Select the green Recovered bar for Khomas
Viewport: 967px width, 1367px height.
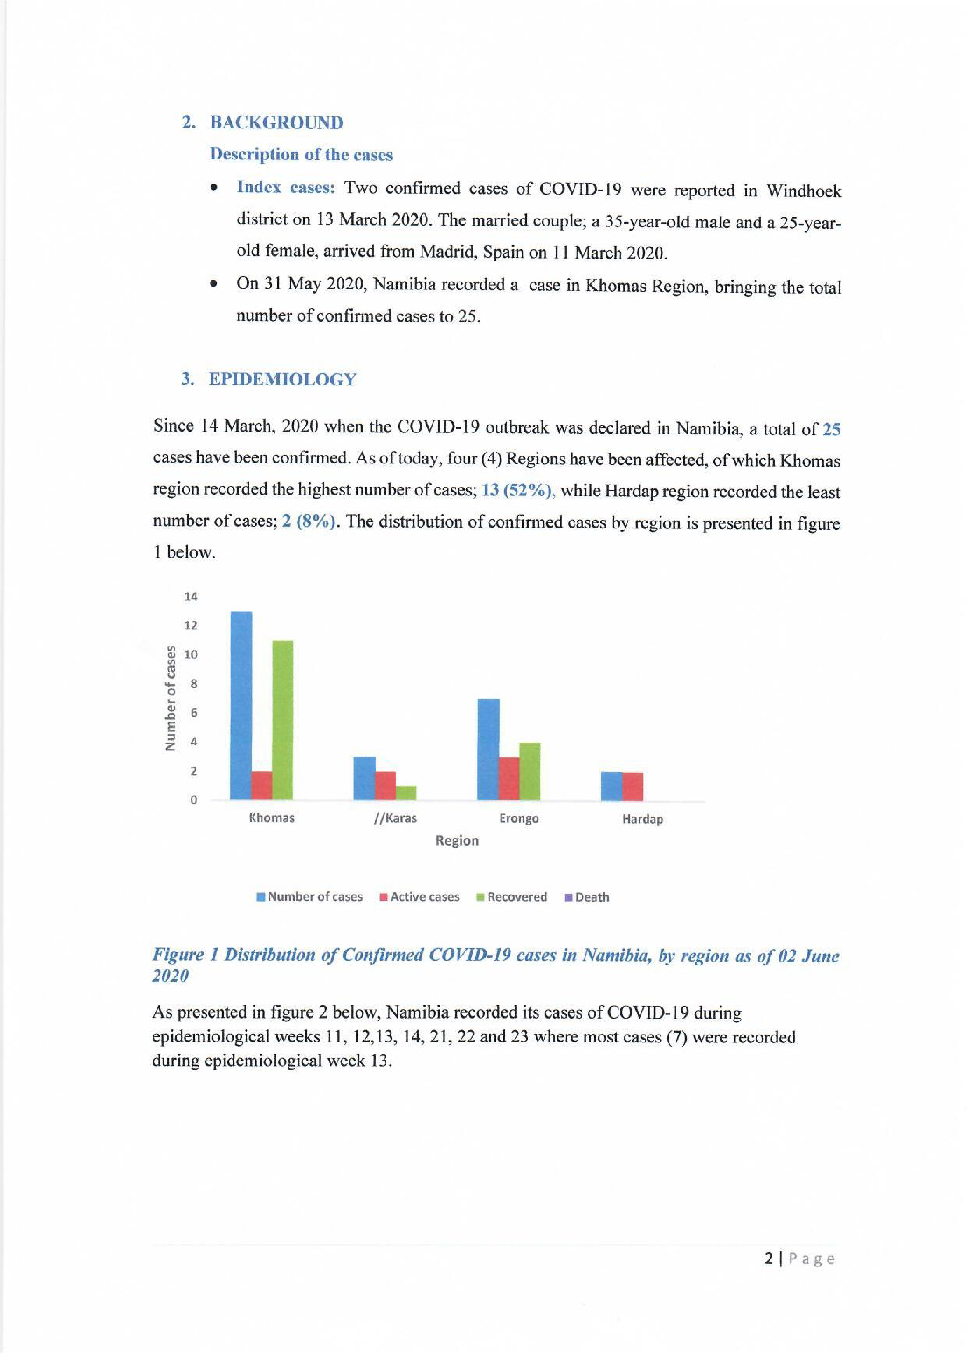point(282,720)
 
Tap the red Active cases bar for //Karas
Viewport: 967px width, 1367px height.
point(385,785)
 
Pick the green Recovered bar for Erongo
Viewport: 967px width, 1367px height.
point(530,771)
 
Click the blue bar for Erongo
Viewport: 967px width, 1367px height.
point(488,749)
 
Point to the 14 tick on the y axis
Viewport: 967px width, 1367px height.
point(190,597)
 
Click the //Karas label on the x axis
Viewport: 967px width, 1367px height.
point(395,818)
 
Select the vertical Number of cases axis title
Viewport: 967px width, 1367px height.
point(171,698)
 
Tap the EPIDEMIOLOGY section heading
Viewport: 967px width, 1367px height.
point(282,379)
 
